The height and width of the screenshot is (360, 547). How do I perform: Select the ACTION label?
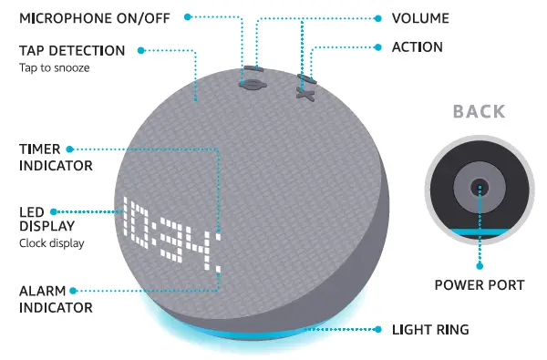tap(418, 46)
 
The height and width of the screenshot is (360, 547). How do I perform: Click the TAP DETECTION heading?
tap(71, 50)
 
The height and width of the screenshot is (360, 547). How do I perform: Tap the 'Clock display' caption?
tap(51, 243)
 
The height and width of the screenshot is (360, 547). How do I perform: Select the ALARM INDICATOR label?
tap(56, 299)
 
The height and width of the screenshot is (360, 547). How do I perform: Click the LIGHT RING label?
tap(431, 328)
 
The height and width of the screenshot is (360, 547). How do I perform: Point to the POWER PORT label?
tap(479, 285)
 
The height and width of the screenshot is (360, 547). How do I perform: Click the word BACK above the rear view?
tap(479, 112)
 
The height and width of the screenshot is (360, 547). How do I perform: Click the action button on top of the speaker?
tap(304, 92)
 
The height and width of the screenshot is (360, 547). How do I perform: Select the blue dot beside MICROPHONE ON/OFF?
tap(189, 17)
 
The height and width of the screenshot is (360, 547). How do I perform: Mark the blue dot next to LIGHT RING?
tap(381, 328)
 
